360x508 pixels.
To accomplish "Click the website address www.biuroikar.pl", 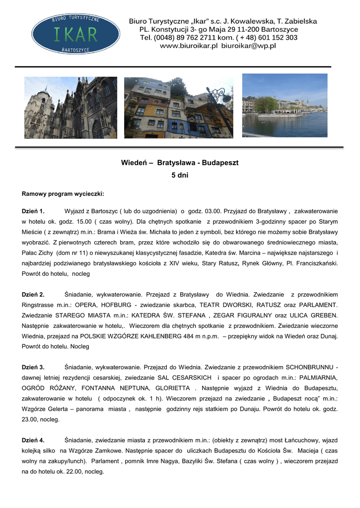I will point(189,46).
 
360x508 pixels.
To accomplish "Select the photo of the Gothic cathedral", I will point(71,108).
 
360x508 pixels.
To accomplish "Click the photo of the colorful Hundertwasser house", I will point(178,108).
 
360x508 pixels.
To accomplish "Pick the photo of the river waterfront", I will point(285,105).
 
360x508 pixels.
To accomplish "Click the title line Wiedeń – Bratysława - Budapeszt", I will point(180,163).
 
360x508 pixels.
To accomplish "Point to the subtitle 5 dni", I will point(180,175).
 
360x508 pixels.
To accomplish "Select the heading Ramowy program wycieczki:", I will point(63,193).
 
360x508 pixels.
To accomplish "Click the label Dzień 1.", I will point(33,211).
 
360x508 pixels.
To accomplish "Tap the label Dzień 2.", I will point(33,294).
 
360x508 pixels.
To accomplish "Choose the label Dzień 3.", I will point(33,367).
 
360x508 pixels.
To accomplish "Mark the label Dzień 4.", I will point(33,440).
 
